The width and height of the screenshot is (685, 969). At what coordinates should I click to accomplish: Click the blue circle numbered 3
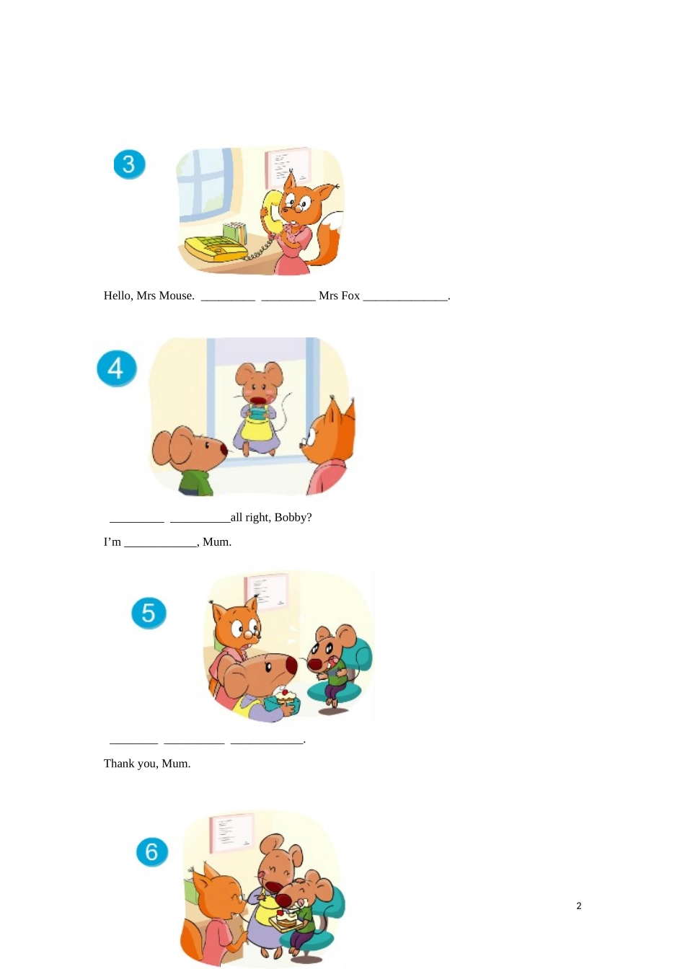pyautogui.click(x=129, y=164)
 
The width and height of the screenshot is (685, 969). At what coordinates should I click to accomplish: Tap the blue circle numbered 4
pyautogui.click(x=116, y=368)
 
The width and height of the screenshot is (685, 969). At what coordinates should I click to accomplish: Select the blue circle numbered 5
pyautogui.click(x=149, y=613)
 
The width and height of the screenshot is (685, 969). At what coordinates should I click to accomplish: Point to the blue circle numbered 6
pyautogui.click(x=151, y=851)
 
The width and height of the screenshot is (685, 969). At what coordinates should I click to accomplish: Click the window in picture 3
pyautogui.click(x=205, y=183)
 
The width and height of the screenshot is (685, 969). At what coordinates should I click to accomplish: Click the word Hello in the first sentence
pyautogui.click(x=118, y=296)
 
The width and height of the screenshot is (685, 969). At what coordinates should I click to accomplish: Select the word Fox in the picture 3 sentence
pyautogui.click(x=350, y=296)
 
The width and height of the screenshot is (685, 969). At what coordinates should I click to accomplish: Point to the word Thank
pyautogui.click(x=118, y=764)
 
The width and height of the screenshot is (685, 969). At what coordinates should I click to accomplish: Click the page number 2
pyautogui.click(x=578, y=906)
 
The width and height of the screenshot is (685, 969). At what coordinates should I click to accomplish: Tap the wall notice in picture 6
pyautogui.click(x=231, y=833)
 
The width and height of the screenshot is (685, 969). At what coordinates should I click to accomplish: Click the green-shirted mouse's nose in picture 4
pyautogui.click(x=224, y=450)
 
